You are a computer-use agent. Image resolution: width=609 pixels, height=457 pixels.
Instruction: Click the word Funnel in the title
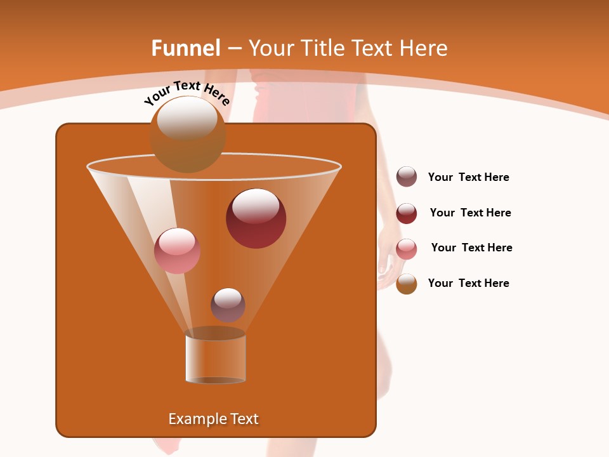(186, 48)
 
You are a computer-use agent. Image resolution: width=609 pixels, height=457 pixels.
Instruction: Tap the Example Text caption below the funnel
(213, 419)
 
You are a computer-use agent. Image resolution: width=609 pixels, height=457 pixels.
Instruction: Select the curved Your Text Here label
(187, 92)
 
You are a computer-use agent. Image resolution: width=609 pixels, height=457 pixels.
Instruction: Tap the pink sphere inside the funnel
(177, 251)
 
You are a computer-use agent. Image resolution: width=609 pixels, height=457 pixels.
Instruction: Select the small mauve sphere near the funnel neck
(228, 305)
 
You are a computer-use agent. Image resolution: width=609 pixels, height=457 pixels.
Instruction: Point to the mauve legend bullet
(407, 177)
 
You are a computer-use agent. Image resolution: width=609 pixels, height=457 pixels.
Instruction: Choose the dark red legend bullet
(407, 213)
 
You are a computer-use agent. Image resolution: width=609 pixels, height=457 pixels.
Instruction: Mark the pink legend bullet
(407, 249)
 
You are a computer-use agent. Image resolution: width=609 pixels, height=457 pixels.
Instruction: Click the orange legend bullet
(407, 284)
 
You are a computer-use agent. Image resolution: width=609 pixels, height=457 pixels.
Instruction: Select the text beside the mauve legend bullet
(468, 178)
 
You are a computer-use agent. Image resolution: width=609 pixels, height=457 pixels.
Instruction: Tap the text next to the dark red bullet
(470, 213)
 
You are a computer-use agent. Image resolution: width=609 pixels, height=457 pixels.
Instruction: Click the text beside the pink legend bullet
(471, 248)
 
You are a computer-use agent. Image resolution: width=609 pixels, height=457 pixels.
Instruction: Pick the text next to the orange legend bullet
(468, 284)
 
